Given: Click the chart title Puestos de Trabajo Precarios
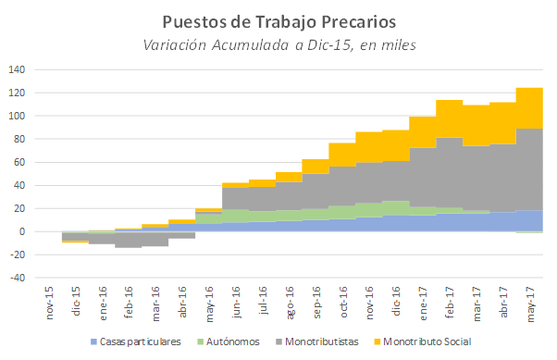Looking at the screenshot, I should [x=278, y=20].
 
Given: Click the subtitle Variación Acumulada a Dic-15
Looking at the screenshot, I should [x=278, y=44].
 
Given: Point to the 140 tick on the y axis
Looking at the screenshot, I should [x=18, y=69].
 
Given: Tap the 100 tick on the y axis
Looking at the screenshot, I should [x=18, y=116].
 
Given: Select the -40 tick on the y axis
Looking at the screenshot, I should [x=18, y=278].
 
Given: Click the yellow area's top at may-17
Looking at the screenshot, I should [x=530, y=88].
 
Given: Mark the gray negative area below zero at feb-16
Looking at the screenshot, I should [x=129, y=240].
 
